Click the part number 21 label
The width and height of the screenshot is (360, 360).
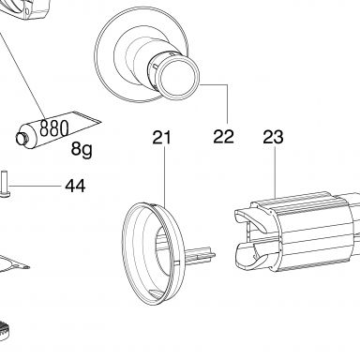pyautogui.click(x=162, y=138)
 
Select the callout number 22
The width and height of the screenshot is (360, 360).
pyautogui.click(x=223, y=137)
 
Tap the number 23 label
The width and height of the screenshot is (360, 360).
pyautogui.click(x=273, y=137)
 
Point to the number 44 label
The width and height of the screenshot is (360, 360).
pyautogui.click(x=75, y=186)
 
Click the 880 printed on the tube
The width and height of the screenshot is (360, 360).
pyautogui.click(x=54, y=128)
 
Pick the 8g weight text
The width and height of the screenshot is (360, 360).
pyautogui.click(x=82, y=149)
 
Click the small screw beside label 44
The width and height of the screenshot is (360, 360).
pyautogui.click(x=6, y=184)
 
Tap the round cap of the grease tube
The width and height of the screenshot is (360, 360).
pyautogui.click(x=22, y=139)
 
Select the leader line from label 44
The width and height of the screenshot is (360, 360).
pyautogui.click(x=36, y=186)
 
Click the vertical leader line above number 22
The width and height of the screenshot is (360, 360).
pyautogui.click(x=227, y=104)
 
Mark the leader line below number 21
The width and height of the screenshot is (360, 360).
pyautogui.click(x=164, y=177)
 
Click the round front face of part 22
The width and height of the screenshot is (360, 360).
pyautogui.click(x=178, y=78)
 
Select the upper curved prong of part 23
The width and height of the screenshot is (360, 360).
pyautogui.click(x=250, y=218)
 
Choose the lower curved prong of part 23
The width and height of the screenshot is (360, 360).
pyautogui.click(x=251, y=255)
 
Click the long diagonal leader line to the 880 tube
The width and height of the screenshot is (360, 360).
pyautogui.click(x=22, y=75)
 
